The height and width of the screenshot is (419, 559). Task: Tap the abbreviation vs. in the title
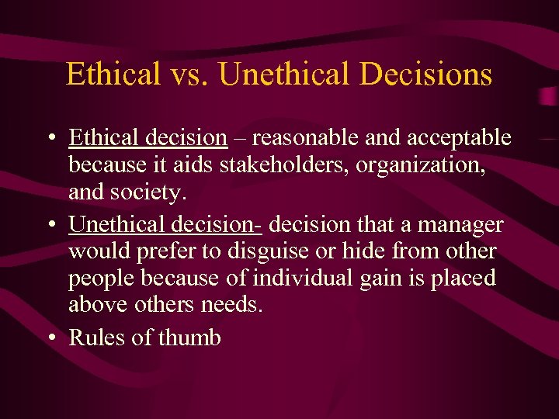point(189,75)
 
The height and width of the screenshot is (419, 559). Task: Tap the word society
point(148,192)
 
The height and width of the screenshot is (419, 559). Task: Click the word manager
point(461,225)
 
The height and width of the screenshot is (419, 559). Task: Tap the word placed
point(468,279)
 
